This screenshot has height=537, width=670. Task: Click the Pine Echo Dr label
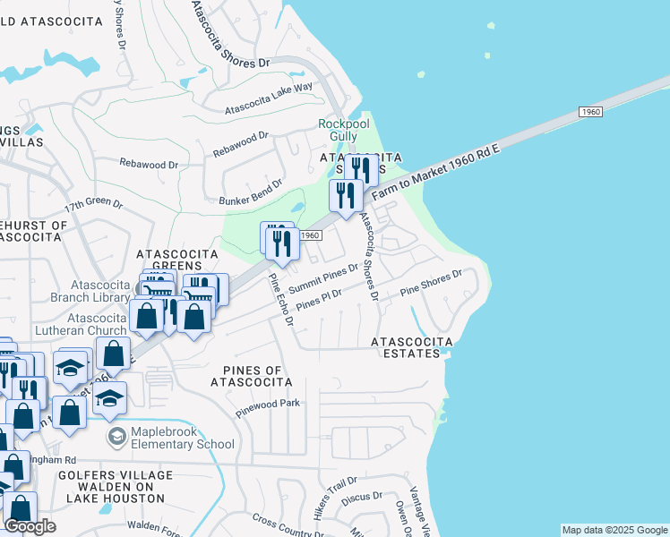pyautogui.click(x=282, y=300)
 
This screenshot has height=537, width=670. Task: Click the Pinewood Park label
pyautogui.click(x=268, y=404)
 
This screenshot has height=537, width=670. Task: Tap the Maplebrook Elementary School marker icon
pyautogui.click(x=116, y=436)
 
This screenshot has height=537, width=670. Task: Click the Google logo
pyautogui.click(x=30, y=526)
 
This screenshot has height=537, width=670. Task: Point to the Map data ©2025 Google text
pyautogui.click(x=614, y=530)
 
